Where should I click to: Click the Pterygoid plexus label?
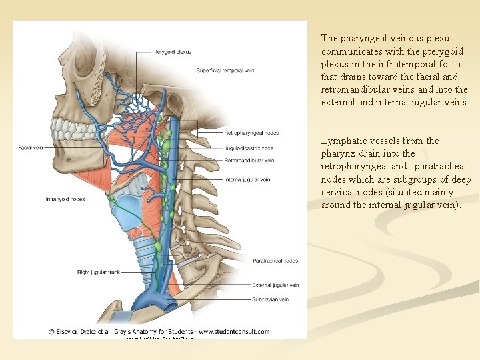click(173, 51)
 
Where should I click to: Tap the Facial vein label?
click(31, 147)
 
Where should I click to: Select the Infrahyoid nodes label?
click(65, 199)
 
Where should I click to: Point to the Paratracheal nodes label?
click(275, 261)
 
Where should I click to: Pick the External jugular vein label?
click(275, 285)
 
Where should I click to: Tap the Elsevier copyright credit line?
click(159, 331)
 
